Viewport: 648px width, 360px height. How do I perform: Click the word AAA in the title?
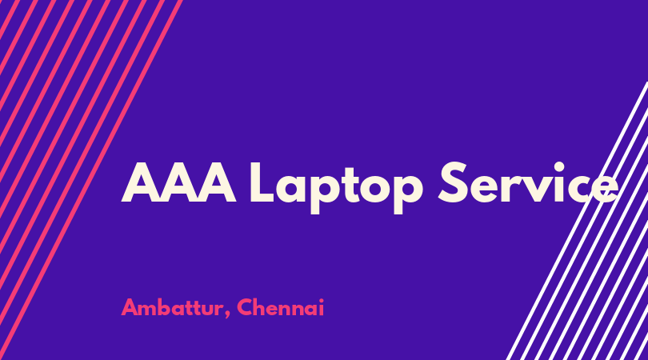click(178, 182)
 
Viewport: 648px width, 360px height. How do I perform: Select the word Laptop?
click(336, 188)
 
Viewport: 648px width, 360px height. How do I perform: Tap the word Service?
click(528, 182)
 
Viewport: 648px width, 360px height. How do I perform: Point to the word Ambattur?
click(172, 307)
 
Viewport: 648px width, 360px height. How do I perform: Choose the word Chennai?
click(281, 307)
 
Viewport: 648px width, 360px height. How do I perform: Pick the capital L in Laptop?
click(262, 182)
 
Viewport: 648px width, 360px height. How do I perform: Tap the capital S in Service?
click(453, 182)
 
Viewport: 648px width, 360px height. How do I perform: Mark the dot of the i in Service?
click(559, 167)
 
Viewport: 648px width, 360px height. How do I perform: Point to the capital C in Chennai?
click(244, 307)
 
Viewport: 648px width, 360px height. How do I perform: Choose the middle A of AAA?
click(178, 182)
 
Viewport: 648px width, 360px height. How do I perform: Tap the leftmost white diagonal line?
click(578, 221)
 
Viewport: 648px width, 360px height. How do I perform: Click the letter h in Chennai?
click(260, 307)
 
